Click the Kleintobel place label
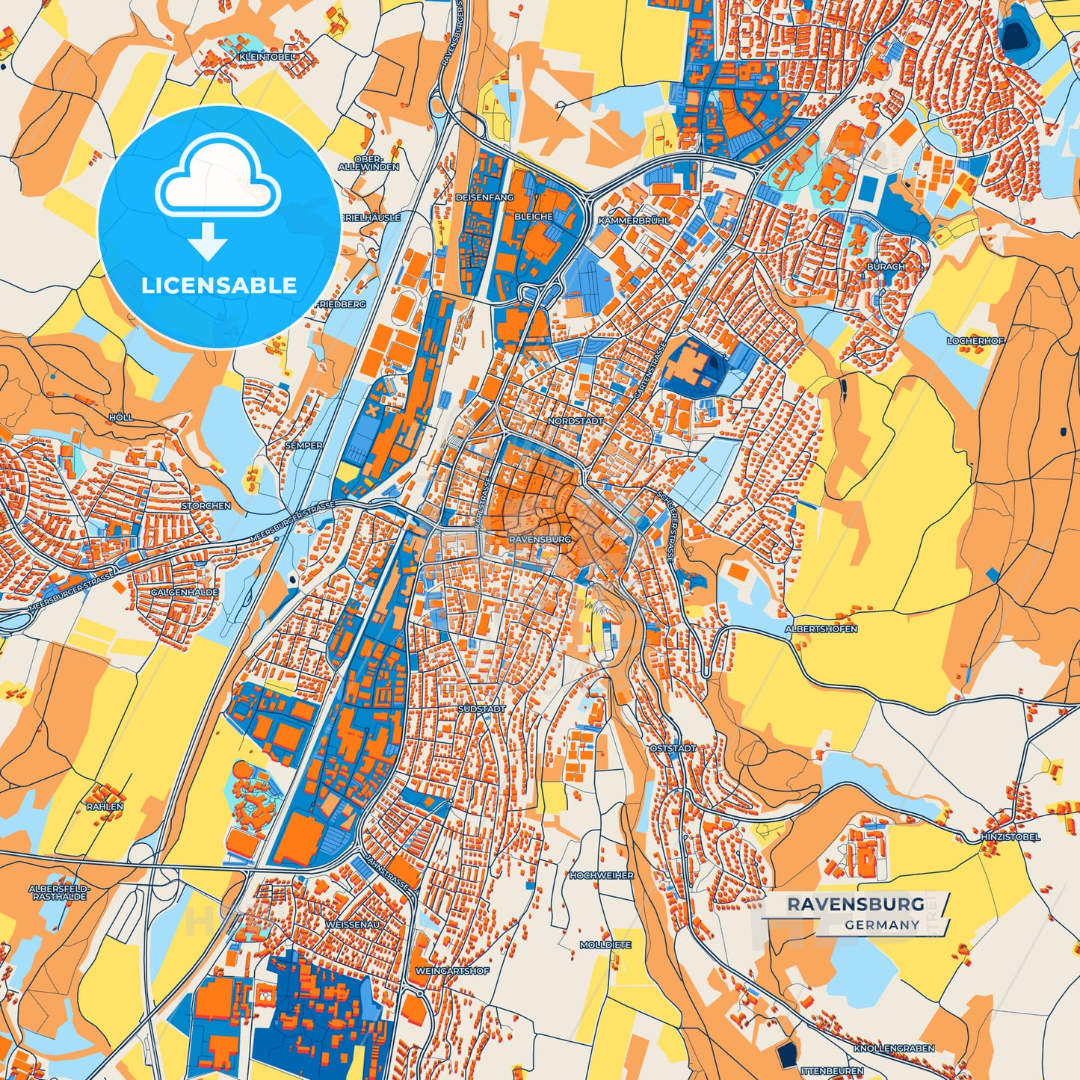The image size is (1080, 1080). (267, 57)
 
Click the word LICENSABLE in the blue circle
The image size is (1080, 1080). (219, 285)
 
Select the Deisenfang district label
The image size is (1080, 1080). (484, 197)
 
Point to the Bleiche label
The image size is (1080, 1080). (534, 217)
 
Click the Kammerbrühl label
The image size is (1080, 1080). (634, 221)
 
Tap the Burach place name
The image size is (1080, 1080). (886, 266)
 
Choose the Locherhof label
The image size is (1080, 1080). (975, 341)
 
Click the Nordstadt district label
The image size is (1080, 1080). (575, 422)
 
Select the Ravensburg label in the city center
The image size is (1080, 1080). (539, 539)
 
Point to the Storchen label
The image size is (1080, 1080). (206, 506)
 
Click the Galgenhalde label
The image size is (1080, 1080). (185, 592)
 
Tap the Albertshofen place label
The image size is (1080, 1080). (821, 629)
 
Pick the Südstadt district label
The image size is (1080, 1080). (482, 709)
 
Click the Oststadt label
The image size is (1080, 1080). (673, 748)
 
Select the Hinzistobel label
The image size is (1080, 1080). (1010, 837)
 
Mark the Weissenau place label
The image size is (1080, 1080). (353, 925)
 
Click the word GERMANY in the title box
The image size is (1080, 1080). (882, 925)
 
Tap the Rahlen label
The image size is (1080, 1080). (105, 807)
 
